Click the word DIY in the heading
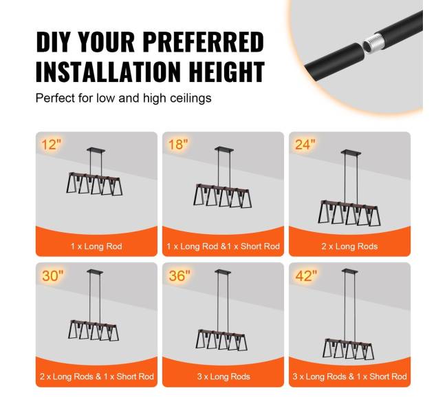(54, 42)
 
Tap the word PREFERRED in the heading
(203, 42)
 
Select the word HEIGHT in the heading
(227, 72)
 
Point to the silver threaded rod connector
(372, 42)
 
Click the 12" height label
(52, 145)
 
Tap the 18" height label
(178, 145)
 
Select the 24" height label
(305, 145)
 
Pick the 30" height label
(53, 276)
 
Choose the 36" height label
(179, 276)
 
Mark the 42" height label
(306, 276)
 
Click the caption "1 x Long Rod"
(96, 246)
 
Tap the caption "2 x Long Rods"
(349, 246)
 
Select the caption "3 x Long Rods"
(223, 377)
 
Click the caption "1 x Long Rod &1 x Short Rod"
(223, 246)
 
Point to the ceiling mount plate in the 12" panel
(96, 150)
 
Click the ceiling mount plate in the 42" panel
(349, 271)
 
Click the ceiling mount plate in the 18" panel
(224, 149)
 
